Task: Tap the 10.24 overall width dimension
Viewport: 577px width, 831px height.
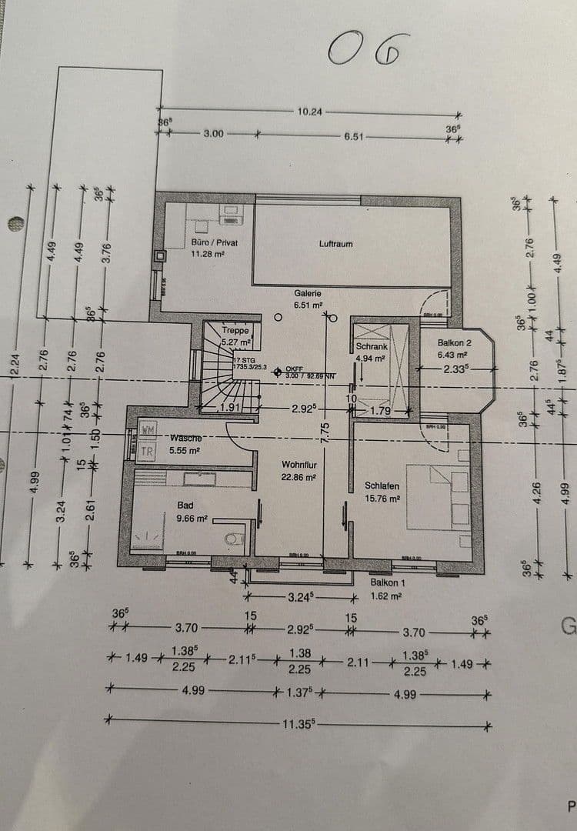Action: pyautogui.click(x=309, y=112)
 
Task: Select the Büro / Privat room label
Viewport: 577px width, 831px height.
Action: pyautogui.click(x=214, y=242)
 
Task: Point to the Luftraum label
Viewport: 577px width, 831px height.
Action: pyautogui.click(x=335, y=244)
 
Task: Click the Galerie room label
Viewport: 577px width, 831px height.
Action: pyautogui.click(x=307, y=293)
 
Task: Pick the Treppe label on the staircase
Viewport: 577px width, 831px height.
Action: pyautogui.click(x=235, y=331)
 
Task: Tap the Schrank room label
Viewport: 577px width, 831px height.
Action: pyautogui.click(x=372, y=347)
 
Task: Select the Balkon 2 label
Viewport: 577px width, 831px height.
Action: pyautogui.click(x=454, y=343)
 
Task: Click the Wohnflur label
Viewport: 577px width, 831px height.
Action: pyautogui.click(x=299, y=465)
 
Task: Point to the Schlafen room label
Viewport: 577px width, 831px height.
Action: pyautogui.click(x=382, y=486)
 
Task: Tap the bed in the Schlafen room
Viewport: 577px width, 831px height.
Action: pyautogui.click(x=437, y=496)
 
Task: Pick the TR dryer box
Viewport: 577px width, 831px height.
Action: pyautogui.click(x=147, y=452)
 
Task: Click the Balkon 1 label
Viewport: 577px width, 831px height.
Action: pyautogui.click(x=386, y=582)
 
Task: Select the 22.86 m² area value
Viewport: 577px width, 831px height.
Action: pyautogui.click(x=299, y=477)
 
